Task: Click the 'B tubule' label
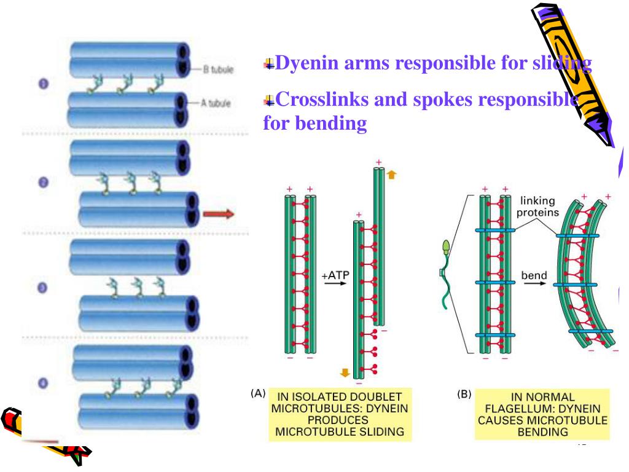[218, 69]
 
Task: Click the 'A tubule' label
[216, 103]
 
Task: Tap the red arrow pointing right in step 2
[219, 213]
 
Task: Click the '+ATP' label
[335, 276]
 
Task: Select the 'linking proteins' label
[537, 206]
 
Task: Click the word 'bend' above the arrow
[534, 275]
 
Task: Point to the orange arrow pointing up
[391, 175]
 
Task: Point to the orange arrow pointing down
[345, 371]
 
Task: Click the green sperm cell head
[445, 249]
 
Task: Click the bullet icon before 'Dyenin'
[268, 63]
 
